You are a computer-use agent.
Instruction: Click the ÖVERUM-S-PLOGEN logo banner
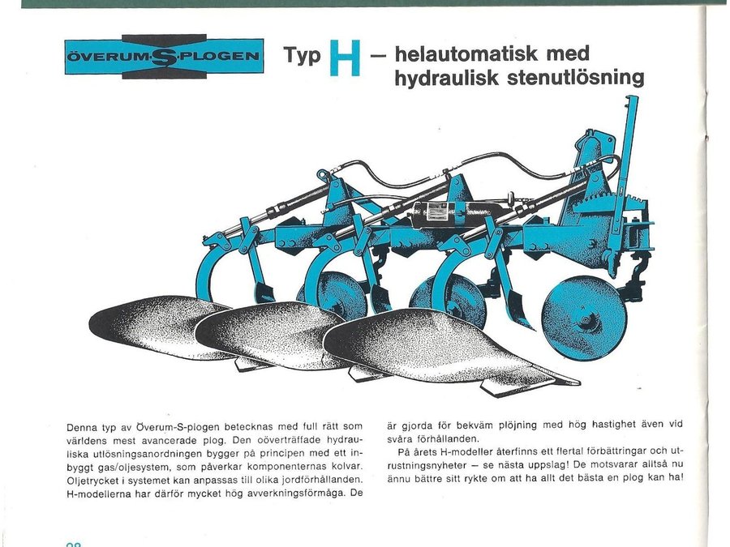pos(164,57)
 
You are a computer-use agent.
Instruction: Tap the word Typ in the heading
pos(301,56)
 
